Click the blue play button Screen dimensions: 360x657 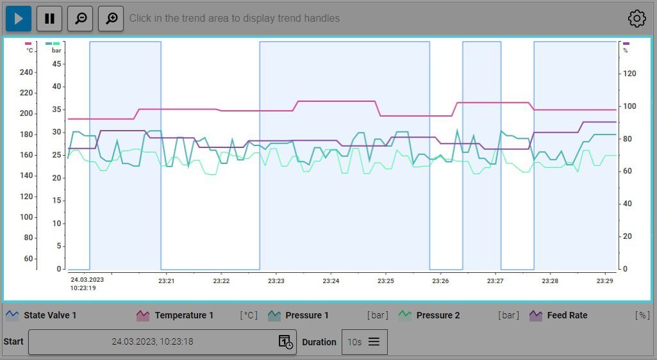pos(19,19)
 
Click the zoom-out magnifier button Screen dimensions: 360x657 pos(81,19)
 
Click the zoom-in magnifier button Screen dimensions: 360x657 pos(111,19)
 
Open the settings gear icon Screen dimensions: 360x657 pos(636,19)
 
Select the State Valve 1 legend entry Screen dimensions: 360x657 pos(50,315)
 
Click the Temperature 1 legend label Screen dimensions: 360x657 pos(183,315)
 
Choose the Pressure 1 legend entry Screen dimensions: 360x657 pos(307,315)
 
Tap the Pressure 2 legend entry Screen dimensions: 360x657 pos(438,315)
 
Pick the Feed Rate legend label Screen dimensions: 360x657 pos(567,315)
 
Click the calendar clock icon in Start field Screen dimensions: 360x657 pos(285,342)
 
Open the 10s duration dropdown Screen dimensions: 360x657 pos(364,342)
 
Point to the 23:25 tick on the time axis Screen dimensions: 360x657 pos(385,281)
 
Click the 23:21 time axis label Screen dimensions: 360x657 pos(167,281)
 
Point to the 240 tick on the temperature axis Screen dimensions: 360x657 pos(26,72)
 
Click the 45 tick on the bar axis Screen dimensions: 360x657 pos(57,63)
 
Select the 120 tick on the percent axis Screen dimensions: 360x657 pos(629,74)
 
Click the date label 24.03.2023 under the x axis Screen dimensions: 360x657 pos(87,280)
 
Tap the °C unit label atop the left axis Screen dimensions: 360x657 pos(29,50)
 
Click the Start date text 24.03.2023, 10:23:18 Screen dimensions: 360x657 pos(153,342)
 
